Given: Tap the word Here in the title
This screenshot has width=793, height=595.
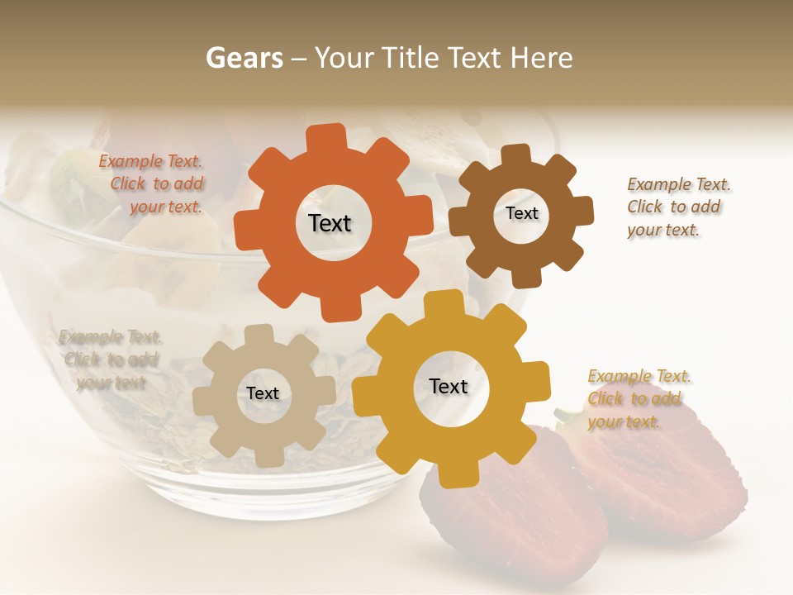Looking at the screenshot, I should tap(542, 58).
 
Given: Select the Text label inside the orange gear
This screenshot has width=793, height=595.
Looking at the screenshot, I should tap(330, 223).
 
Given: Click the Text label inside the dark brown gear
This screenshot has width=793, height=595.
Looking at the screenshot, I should tap(521, 213).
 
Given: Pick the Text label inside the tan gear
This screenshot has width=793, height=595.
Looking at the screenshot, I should tap(263, 393).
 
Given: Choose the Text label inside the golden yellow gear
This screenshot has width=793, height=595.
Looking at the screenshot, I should tap(449, 386).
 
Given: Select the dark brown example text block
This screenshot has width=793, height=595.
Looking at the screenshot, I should tap(677, 207).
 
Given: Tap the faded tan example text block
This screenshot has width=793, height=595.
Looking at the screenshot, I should tap(111, 359).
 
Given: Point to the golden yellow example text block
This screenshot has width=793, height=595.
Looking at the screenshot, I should tap(638, 399).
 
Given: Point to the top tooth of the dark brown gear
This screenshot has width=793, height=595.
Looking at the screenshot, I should tap(516, 155).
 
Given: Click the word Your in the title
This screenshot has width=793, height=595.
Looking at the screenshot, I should tap(348, 58).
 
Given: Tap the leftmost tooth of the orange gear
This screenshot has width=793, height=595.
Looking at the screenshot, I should tap(246, 226).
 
